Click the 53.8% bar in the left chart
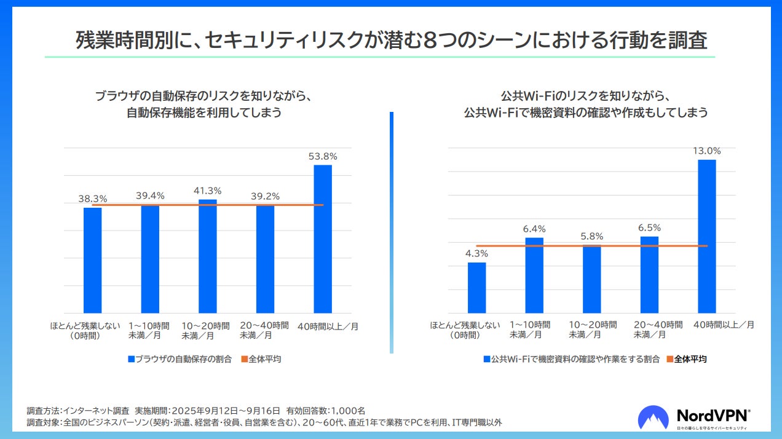pos(323,240)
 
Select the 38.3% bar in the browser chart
pos(93,261)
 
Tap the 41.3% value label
pos(207,191)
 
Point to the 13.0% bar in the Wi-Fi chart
pos(707,237)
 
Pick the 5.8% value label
pos(592,236)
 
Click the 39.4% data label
pos(150,196)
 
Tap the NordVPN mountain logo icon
pos(653,417)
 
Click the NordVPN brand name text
pos(713,415)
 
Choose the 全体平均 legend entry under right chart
pos(686,359)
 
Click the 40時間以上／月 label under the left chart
pos(328,326)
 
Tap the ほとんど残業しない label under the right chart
pos(464,325)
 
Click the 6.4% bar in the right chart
pos(534,275)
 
